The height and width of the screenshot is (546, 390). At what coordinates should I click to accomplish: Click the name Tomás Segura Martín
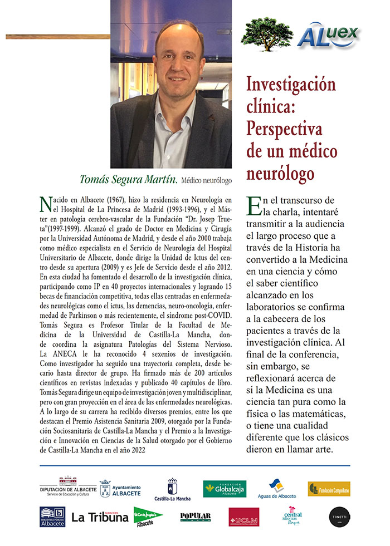(x=129, y=179)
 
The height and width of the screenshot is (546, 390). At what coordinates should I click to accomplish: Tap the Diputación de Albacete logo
(x=68, y=488)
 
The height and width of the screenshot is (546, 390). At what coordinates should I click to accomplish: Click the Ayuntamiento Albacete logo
(x=120, y=488)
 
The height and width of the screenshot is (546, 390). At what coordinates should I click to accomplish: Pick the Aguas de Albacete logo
(x=277, y=489)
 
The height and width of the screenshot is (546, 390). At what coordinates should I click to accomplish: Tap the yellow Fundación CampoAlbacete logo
(x=329, y=489)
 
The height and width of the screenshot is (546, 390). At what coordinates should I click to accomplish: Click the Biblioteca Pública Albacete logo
(x=52, y=517)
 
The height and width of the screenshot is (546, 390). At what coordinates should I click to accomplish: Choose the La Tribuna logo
(x=100, y=517)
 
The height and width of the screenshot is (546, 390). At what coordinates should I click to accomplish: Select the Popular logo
(x=196, y=517)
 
